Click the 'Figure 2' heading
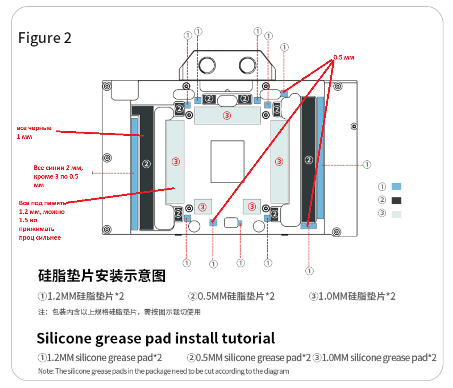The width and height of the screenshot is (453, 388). click(45, 38)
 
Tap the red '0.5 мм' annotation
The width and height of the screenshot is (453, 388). click(344, 58)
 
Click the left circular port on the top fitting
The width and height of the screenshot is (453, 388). click(207, 65)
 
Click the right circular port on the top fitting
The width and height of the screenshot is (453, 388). click(247, 65)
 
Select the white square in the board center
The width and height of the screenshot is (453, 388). click(227, 162)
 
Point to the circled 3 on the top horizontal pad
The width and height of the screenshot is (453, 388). click(227, 115)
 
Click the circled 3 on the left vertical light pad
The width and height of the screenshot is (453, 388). click(175, 162)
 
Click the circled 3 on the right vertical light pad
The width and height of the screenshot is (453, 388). click(279, 162)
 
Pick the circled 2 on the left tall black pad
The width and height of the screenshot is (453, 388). click(146, 164)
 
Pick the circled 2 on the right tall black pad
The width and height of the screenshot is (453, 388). click(309, 160)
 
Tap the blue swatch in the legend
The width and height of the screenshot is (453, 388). click(396, 186)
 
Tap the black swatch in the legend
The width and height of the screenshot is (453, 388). click(396, 200)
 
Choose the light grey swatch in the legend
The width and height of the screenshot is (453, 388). click(396, 214)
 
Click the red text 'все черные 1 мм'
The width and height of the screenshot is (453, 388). click(34, 132)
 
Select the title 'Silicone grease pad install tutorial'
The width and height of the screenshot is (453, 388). click(156, 338)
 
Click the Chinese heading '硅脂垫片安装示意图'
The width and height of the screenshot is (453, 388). click(102, 276)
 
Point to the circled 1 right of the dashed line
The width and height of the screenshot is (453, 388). click(367, 165)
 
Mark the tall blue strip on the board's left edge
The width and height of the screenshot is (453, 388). click(134, 174)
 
